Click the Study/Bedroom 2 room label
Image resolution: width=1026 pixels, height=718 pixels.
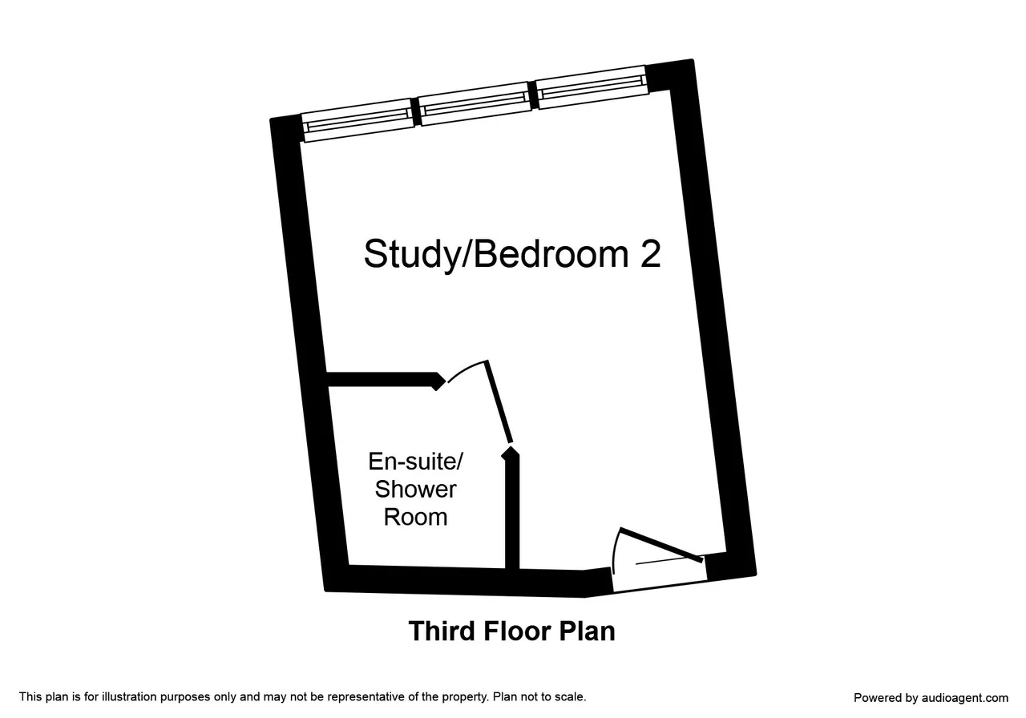point(512,255)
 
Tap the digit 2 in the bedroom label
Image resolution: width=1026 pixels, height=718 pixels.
point(650,253)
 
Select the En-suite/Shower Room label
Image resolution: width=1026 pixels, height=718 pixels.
point(415,489)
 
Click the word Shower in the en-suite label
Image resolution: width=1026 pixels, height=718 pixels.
point(415,489)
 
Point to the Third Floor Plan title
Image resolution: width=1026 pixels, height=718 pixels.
point(511,631)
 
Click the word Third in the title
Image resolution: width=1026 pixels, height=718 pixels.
point(441,631)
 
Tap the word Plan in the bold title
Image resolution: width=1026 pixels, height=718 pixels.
point(587,631)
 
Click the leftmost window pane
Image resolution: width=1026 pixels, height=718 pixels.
point(358,120)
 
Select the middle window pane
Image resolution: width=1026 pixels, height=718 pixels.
point(475,103)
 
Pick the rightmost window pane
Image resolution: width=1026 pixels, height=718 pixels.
point(592,87)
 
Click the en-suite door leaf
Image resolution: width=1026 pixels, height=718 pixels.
point(499,401)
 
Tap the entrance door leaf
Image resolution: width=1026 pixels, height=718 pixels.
point(661,545)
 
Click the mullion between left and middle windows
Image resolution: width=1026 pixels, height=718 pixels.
point(416,111)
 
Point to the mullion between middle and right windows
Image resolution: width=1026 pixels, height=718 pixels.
point(533,95)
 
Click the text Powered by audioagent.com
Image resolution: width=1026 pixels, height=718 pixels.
point(931,698)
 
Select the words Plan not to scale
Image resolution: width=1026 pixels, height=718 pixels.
point(539,697)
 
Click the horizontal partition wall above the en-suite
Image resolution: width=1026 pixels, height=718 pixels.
point(385,380)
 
